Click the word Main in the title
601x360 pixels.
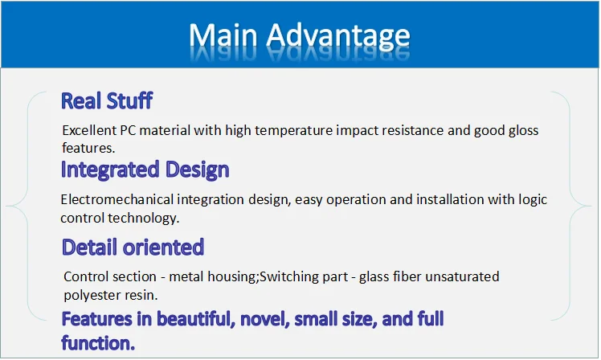(223, 36)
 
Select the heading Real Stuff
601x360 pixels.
(107, 100)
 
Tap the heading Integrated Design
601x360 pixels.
(145, 170)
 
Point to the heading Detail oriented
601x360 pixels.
(133, 247)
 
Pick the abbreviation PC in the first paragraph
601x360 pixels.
(128, 130)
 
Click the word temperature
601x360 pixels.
(293, 131)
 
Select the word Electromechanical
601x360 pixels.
(117, 199)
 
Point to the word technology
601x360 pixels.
(144, 218)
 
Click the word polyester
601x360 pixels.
(92, 296)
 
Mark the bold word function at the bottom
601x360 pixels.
(98, 343)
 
